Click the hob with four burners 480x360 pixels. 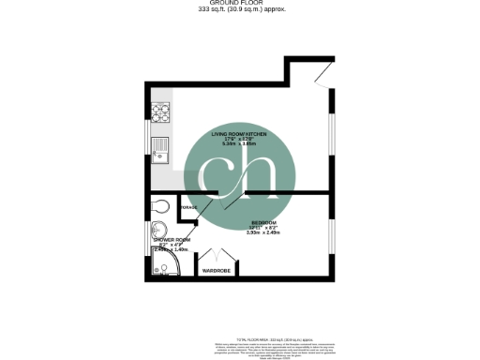159,116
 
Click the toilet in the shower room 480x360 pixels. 158,207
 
